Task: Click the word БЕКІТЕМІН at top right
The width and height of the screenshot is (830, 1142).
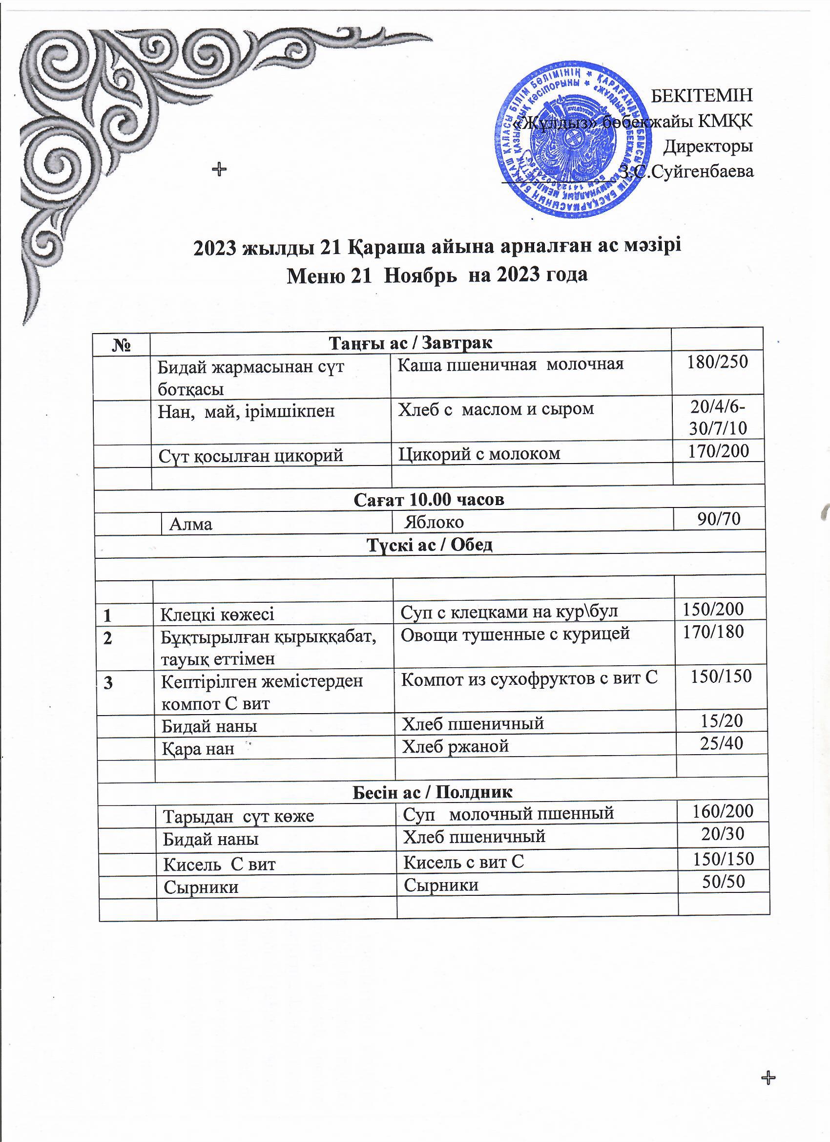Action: tap(702, 96)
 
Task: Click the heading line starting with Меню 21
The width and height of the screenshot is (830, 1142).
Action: tap(437, 275)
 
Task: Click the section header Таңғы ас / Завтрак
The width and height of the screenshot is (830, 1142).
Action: tap(410, 343)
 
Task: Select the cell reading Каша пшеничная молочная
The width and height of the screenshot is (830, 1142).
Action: tap(510, 364)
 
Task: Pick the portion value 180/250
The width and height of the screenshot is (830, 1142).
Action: tap(718, 361)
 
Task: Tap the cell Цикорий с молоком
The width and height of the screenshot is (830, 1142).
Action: tap(479, 454)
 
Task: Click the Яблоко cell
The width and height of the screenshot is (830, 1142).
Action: tap(436, 522)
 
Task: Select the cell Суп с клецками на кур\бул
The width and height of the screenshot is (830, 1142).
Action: tap(509, 612)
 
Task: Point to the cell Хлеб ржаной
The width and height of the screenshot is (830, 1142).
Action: tap(456, 746)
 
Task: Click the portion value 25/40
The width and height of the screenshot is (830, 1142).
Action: tap(721, 743)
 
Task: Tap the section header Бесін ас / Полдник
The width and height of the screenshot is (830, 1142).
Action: tap(432, 793)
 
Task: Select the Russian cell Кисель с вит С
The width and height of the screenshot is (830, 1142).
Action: tap(463, 862)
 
